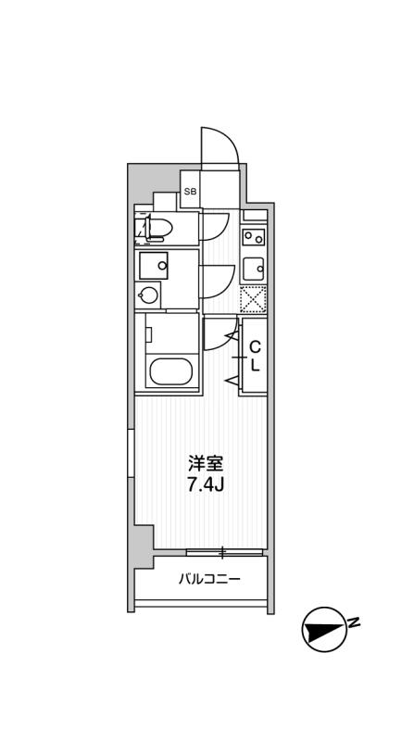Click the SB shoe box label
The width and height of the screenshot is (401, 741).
tap(190, 192)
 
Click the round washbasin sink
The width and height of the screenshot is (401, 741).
tap(148, 295)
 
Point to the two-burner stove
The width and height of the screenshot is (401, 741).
tap(254, 237)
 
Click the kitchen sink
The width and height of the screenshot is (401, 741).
tap(254, 269)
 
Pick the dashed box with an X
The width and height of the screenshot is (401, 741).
tap(254, 299)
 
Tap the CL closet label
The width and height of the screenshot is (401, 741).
tap(256, 356)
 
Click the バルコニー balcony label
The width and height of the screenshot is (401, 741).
tap(210, 581)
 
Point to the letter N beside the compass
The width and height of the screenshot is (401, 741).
tap(354, 622)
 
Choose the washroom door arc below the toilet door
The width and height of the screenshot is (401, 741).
tap(217, 281)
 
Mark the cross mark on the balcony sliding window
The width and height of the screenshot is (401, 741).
tap(222, 554)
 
